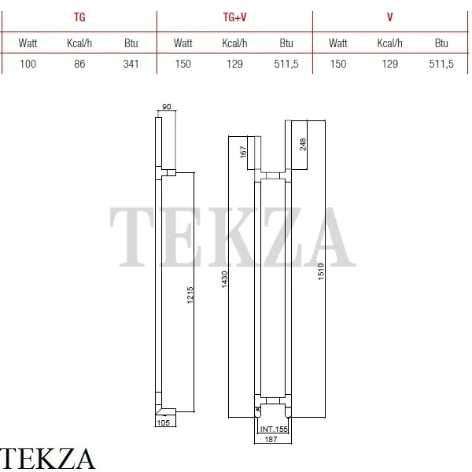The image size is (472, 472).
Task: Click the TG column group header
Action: pyautogui.click(x=79, y=17)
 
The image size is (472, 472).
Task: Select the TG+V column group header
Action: pyautogui.click(x=234, y=17)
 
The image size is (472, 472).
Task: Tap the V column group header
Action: pyautogui.click(x=390, y=17)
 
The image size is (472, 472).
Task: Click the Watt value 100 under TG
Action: pyautogui.click(x=28, y=64)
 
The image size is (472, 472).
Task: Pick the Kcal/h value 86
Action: pyautogui.click(x=79, y=64)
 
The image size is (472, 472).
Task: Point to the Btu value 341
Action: pyautogui.click(x=131, y=64)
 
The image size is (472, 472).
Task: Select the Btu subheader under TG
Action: pyautogui.click(x=131, y=43)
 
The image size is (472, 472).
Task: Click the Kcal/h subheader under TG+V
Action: pyautogui.click(x=234, y=43)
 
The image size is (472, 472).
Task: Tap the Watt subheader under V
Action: pyautogui.click(x=338, y=43)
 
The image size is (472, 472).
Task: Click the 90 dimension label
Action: pyautogui.click(x=167, y=106)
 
